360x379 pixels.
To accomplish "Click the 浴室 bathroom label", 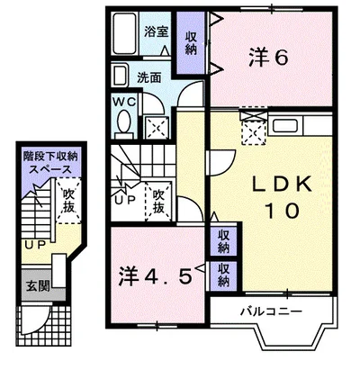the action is coord(156,32).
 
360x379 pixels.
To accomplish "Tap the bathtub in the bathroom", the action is coord(125,33).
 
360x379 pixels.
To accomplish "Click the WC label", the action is coord(124,102).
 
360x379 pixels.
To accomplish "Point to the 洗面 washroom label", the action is coord(149,78).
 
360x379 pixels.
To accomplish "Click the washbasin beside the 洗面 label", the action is coord(120,76).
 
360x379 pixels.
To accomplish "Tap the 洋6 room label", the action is coord(268,58).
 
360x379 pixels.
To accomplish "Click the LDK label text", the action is coord(281,185).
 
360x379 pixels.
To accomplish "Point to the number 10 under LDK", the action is coord(282,211).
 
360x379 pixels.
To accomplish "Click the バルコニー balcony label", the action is coord(271,311).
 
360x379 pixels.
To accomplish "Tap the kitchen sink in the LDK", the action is coord(286,126).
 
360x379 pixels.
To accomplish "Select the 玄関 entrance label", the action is coord(38,286).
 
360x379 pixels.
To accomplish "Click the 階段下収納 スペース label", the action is coord(50,163).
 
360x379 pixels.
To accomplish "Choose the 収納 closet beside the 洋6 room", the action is coord(191,43).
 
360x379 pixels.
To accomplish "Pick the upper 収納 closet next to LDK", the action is coord(223,241).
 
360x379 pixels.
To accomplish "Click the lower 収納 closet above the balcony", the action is coord(223,275).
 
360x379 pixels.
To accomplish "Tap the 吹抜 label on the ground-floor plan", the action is coord(68,201).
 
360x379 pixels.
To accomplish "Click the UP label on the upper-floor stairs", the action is coord(125,201).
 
